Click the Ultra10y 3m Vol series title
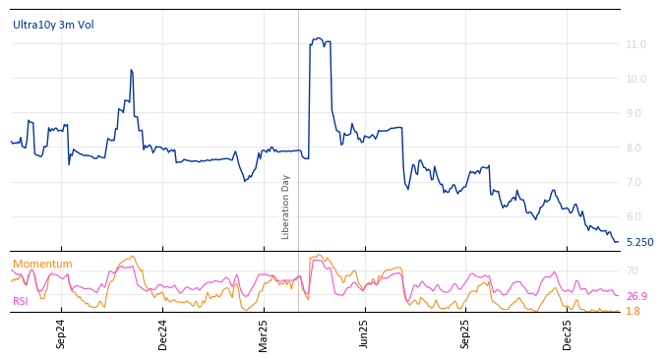(53, 25)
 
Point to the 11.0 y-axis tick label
(635, 45)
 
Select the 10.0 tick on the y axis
(635, 80)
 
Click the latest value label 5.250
(639, 242)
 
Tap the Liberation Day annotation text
(286, 207)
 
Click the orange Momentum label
(42, 264)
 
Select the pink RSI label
(21, 301)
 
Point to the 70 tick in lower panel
(632, 271)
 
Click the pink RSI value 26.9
(636, 296)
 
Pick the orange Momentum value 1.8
(633, 311)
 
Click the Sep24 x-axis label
(61, 333)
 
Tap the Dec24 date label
(162, 333)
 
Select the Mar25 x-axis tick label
(264, 333)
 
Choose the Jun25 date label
(364, 333)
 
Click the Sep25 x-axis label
(465, 333)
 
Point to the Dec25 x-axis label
(567, 333)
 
